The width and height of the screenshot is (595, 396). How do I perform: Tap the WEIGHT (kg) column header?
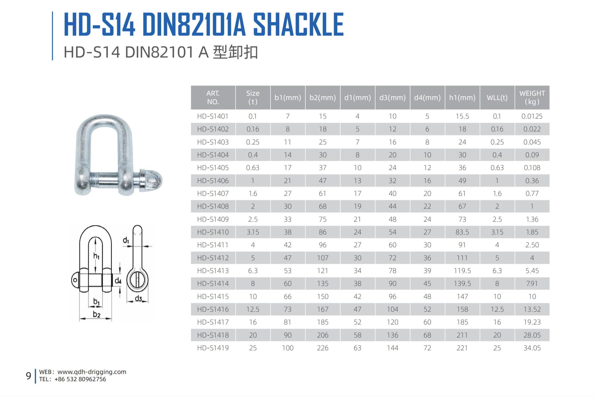[532, 97]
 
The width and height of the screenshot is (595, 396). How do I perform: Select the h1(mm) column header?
[462, 98]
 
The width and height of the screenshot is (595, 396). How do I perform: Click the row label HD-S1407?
[213, 194]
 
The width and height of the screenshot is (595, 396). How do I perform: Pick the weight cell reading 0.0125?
[532, 116]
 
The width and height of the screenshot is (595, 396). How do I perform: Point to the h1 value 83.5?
[462, 232]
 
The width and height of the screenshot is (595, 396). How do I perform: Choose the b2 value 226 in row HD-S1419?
[323, 348]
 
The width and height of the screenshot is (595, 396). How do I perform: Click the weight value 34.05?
[532, 348]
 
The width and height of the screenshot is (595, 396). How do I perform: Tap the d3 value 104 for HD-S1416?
[393, 309]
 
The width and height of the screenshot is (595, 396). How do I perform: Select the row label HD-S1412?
[213, 258]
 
